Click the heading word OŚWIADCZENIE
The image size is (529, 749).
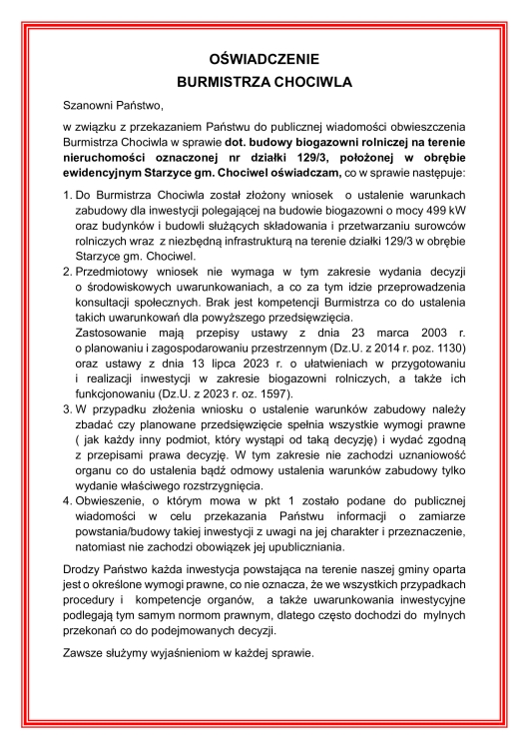point(264,61)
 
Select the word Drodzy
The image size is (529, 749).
point(82,568)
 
